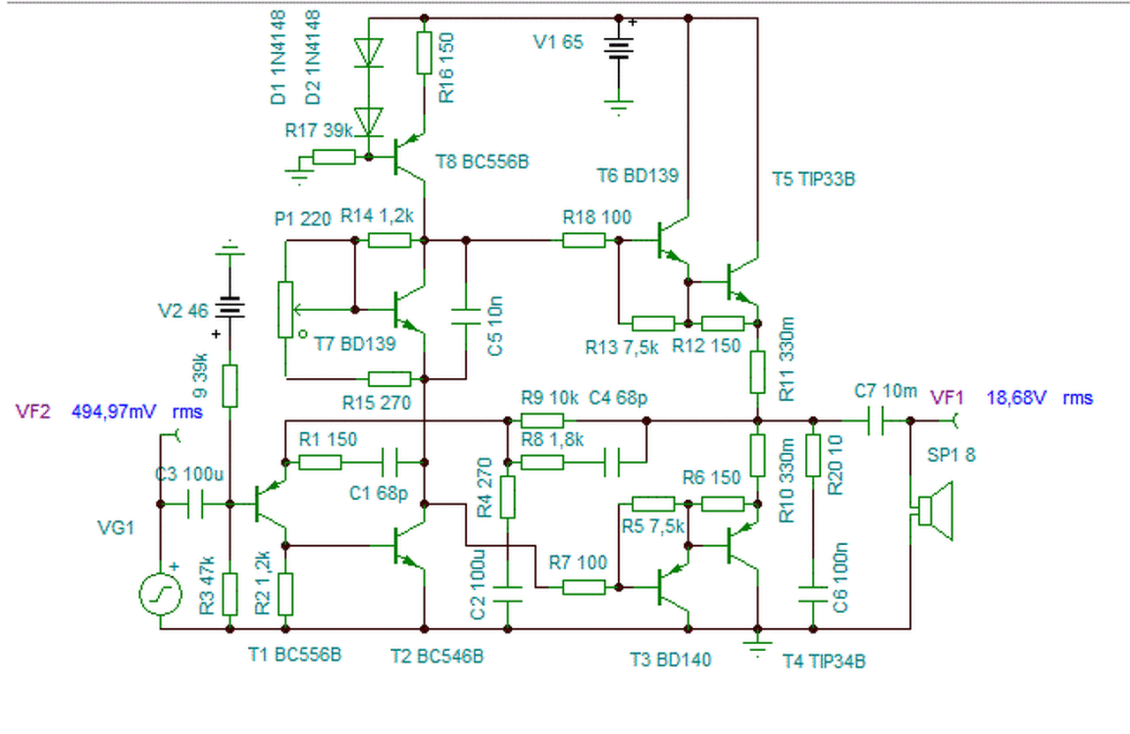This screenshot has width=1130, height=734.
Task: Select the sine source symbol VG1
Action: click(x=161, y=594)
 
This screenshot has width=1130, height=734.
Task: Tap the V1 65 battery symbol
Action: click(x=619, y=49)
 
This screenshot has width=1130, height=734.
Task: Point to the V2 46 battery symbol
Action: click(x=230, y=307)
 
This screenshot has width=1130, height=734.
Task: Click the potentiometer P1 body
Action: click(x=285, y=309)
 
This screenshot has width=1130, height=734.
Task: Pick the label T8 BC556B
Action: click(x=482, y=162)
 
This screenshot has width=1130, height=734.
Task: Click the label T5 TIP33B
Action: click(x=814, y=179)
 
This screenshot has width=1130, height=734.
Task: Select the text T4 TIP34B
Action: click(x=824, y=662)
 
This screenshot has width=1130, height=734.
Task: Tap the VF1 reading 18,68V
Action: click(x=1016, y=397)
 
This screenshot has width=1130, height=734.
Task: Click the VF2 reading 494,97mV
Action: click(x=114, y=412)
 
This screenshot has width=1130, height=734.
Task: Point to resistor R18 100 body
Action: click(x=584, y=240)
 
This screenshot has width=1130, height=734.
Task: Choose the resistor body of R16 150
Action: click(x=425, y=53)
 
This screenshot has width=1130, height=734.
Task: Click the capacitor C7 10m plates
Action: click(x=876, y=420)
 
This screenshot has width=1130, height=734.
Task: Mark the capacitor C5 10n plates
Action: click(x=465, y=316)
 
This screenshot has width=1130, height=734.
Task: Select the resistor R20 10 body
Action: click(x=813, y=456)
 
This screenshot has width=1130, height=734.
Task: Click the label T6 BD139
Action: click(x=637, y=176)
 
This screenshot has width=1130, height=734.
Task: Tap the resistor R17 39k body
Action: click(x=334, y=157)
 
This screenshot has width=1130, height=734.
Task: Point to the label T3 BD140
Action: click(x=670, y=660)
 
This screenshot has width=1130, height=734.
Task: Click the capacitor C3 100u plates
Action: click(x=195, y=503)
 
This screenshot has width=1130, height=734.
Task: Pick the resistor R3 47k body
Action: click(x=230, y=594)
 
